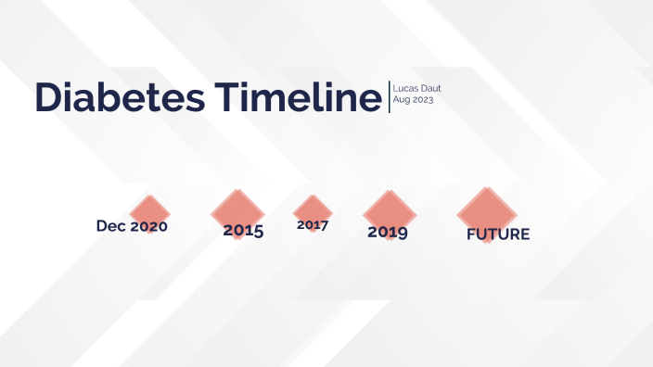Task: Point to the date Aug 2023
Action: pyautogui.click(x=413, y=99)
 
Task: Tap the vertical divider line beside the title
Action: pyautogui.click(x=389, y=97)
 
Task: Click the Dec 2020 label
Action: pyautogui.click(x=132, y=226)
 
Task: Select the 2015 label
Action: pyautogui.click(x=243, y=231)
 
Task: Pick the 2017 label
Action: pyautogui.click(x=313, y=224)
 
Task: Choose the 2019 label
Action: pyautogui.click(x=388, y=232)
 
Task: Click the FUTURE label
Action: pyautogui.click(x=498, y=234)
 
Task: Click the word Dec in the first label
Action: pyautogui.click(x=110, y=226)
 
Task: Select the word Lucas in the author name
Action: pyautogui.click(x=402, y=88)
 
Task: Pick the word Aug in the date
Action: pyautogui.click(x=401, y=99)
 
